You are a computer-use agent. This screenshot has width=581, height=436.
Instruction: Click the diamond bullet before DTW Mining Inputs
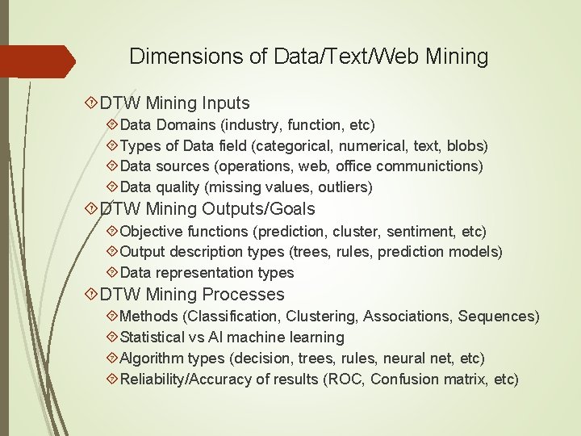point(91,103)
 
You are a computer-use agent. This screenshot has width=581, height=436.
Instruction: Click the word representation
point(203,273)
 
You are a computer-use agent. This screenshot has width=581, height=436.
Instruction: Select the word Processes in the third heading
point(244,295)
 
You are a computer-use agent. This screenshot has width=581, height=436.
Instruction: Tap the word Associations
point(407,317)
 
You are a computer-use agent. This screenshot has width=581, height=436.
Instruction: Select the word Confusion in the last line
point(404,379)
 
